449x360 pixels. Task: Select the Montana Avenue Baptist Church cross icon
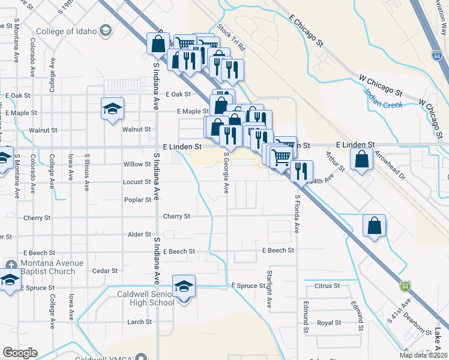click(x=11, y=265)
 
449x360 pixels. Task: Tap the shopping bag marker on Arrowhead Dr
click(x=361, y=160)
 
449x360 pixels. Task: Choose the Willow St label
click(x=137, y=164)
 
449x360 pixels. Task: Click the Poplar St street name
click(x=137, y=200)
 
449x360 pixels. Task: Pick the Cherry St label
click(x=178, y=217)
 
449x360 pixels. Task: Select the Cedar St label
click(x=105, y=271)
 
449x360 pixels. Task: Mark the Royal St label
click(x=329, y=323)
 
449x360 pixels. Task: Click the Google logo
click(x=20, y=353)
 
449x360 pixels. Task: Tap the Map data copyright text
click(x=423, y=355)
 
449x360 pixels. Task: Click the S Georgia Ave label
click(x=226, y=172)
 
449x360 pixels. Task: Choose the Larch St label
click(x=139, y=322)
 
